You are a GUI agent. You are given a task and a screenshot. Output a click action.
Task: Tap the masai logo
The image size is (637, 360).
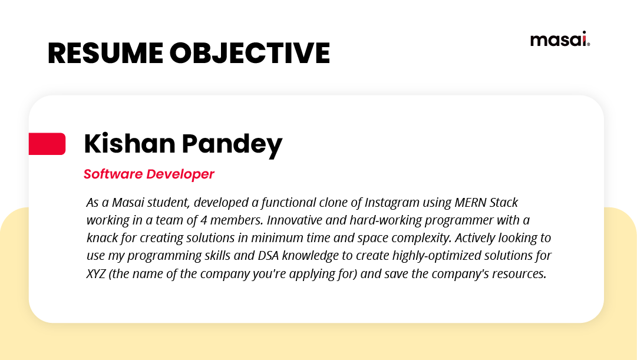(x=559, y=39)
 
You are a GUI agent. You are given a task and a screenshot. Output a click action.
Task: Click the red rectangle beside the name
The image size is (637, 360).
(x=47, y=144)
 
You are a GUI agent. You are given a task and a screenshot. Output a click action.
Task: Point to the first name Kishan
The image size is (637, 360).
(x=128, y=144)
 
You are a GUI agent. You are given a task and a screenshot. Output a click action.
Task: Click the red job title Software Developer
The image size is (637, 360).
(x=148, y=174)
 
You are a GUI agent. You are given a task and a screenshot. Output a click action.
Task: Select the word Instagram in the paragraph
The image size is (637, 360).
(x=391, y=203)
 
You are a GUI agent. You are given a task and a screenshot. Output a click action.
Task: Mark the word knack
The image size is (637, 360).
(x=103, y=238)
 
